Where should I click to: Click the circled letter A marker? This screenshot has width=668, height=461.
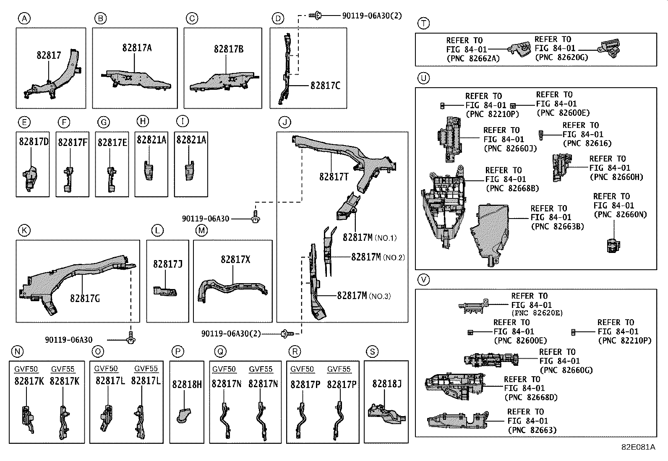24,18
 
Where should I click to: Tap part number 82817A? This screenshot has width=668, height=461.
137,48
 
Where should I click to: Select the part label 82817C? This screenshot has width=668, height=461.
325,86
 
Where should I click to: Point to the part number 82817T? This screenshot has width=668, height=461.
334,177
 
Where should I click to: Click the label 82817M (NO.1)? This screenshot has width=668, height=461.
370,237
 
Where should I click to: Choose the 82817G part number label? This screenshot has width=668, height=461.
85,298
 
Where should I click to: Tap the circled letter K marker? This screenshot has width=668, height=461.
24,230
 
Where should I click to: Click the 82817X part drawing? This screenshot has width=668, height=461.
232,291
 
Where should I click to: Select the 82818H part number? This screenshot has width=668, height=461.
187,385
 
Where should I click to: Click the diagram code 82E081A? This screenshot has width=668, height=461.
638,447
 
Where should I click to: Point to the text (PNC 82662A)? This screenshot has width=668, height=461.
473,58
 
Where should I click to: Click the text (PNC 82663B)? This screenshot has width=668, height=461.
557,227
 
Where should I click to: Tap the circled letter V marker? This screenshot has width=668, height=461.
423,280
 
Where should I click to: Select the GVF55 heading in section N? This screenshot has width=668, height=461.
63,369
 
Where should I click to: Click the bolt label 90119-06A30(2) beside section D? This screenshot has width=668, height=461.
372,16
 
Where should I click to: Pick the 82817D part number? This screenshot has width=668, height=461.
34,141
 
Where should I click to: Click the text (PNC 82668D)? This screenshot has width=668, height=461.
531,398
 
